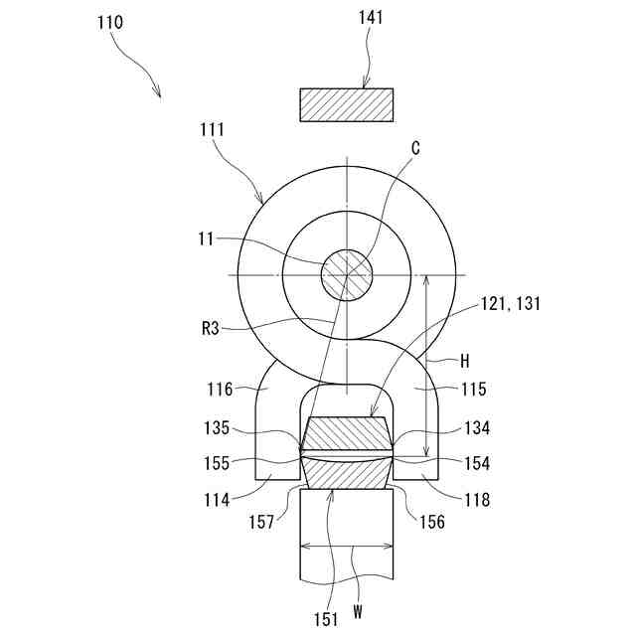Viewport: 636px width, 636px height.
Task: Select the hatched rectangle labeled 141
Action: point(347,104)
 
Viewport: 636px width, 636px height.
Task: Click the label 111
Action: point(212,129)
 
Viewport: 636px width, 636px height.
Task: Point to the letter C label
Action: point(415,148)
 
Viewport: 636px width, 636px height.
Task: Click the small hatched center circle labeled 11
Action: point(347,273)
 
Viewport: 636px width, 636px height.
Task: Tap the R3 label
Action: point(210,329)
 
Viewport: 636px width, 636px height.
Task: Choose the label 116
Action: point(220,390)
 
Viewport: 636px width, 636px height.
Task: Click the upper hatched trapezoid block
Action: point(347,433)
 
